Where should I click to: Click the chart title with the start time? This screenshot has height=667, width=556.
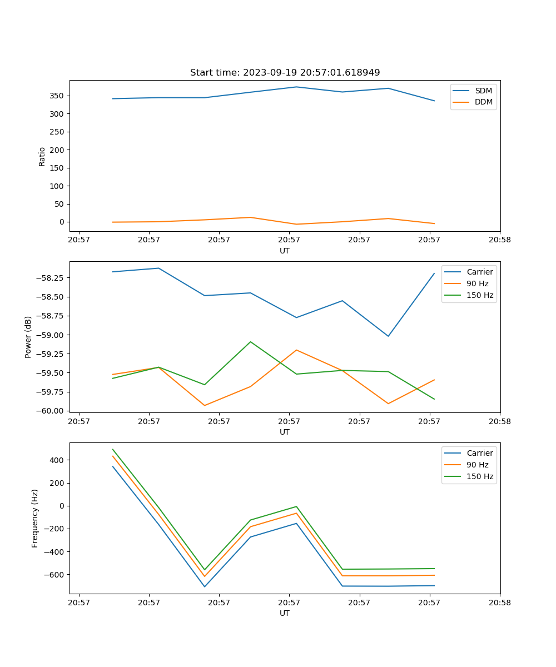(285, 73)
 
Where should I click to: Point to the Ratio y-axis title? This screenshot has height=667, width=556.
(42, 156)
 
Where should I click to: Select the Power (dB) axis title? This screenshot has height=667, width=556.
(28, 337)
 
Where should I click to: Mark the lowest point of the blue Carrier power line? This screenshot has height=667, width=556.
(388, 336)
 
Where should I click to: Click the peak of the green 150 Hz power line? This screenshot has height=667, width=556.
(250, 342)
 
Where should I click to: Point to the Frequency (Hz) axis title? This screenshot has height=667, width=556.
(35, 518)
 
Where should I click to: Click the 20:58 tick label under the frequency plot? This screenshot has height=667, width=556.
(499, 603)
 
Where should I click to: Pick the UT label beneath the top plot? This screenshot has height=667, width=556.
(285, 251)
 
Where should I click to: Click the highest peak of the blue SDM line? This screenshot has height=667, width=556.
(296, 87)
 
